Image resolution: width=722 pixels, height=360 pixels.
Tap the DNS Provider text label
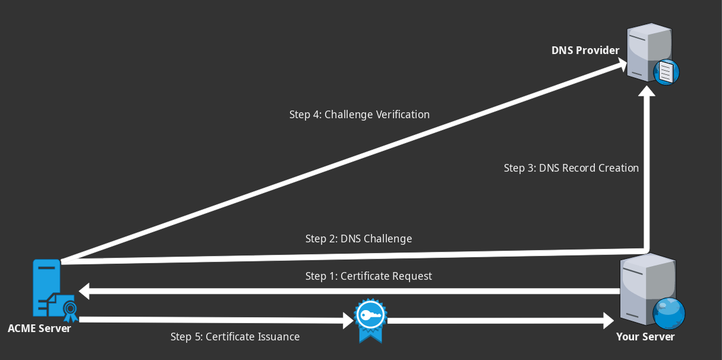(x=585, y=50)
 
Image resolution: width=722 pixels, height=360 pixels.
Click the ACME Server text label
(x=39, y=328)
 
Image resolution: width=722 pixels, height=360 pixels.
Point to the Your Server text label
(x=645, y=337)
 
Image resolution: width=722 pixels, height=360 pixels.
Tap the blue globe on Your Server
(x=669, y=313)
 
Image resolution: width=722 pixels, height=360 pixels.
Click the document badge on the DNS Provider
(x=666, y=72)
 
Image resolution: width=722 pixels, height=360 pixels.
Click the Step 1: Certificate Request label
(x=368, y=276)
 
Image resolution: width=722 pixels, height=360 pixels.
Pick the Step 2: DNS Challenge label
(x=358, y=239)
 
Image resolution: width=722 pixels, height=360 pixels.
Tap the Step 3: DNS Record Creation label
(x=571, y=168)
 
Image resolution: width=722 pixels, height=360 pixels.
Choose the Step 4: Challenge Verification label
(x=359, y=114)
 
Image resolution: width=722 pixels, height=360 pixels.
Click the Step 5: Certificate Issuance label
(x=235, y=337)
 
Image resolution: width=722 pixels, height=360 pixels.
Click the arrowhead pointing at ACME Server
(x=84, y=291)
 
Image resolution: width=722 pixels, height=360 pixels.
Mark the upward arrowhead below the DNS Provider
(x=647, y=90)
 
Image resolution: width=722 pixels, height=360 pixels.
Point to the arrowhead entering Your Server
(x=608, y=321)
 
